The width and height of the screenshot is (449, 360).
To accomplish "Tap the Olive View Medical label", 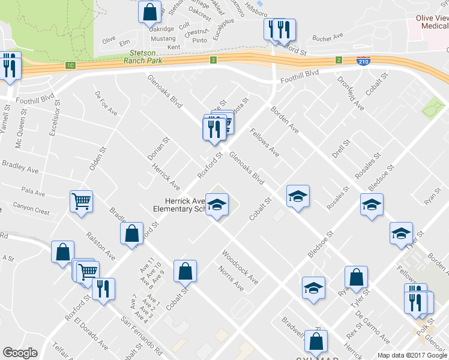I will tap(432, 22).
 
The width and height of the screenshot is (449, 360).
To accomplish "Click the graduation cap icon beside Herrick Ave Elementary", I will tap(217, 205).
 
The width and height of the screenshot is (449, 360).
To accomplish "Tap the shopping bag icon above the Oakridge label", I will tap(149, 11).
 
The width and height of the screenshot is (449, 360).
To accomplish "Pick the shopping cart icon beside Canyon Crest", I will tap(81, 202).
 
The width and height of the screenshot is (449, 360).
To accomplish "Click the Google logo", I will tap(19, 353).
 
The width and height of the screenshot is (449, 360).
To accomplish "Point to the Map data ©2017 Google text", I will tap(412, 355).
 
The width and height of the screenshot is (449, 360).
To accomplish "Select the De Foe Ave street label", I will tap(106, 103).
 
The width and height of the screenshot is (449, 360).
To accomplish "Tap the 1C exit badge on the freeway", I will tap(71, 65).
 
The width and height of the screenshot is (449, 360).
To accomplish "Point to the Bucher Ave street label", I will tap(327, 38).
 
